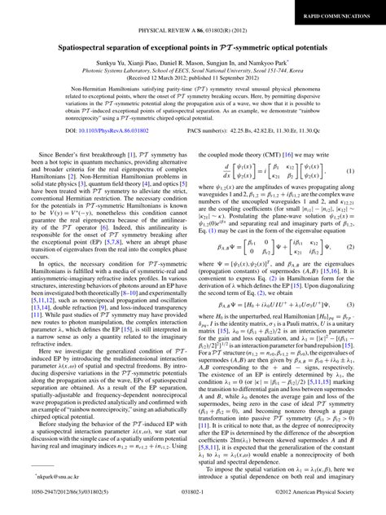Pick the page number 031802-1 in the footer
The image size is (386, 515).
(x=193, y=504)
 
